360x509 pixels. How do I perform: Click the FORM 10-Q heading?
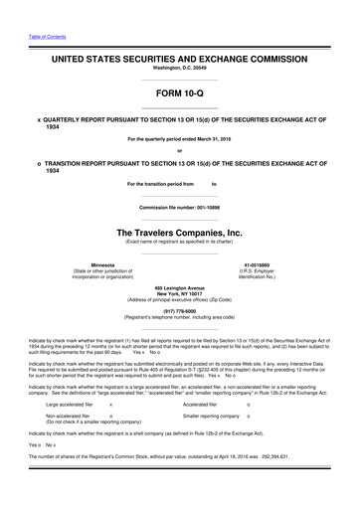pyautogui.click(x=179, y=93)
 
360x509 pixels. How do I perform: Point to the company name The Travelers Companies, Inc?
pyautogui.click(x=179, y=232)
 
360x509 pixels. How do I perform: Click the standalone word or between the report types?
pyautogui.click(x=179, y=151)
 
